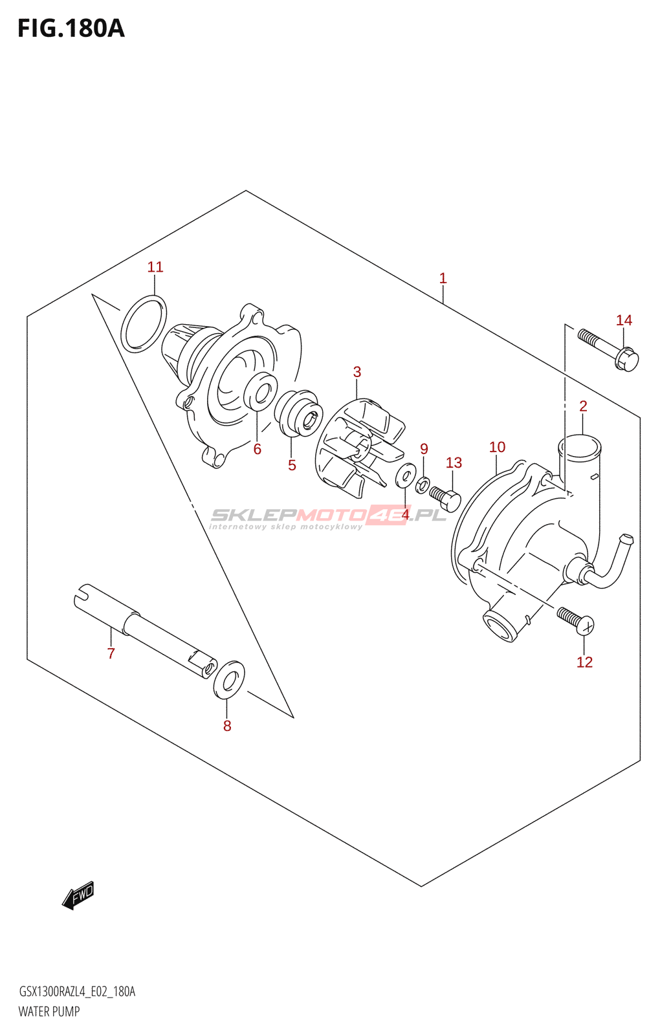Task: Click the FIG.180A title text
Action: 71,29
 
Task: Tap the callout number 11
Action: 155,267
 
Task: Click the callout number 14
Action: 624,320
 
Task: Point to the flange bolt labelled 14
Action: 608,349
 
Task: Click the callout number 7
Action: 111,654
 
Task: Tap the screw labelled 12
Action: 575,619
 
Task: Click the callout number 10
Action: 497,447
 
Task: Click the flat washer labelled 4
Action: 406,476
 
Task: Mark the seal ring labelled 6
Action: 261,391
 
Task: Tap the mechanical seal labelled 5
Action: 298,414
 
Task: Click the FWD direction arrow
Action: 78,895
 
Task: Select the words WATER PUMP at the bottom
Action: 49,1012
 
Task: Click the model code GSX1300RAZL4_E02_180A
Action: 77,992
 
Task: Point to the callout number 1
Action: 443,279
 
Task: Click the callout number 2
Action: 583,406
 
